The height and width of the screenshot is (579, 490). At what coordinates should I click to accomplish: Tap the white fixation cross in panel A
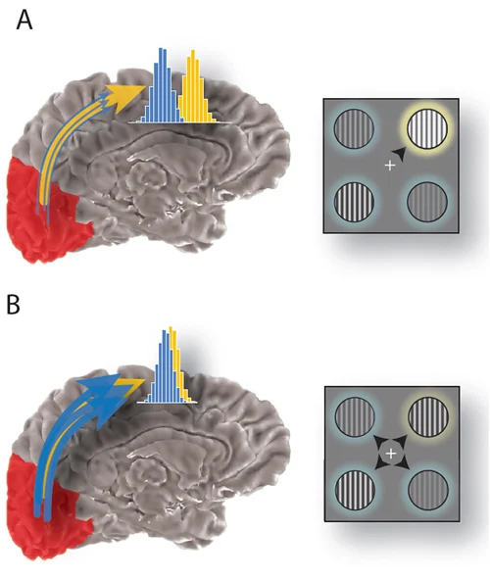pos(390,166)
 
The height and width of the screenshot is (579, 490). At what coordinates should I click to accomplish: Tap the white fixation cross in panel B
pos(391,454)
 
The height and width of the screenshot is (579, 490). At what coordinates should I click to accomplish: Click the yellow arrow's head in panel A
pos(122,95)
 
